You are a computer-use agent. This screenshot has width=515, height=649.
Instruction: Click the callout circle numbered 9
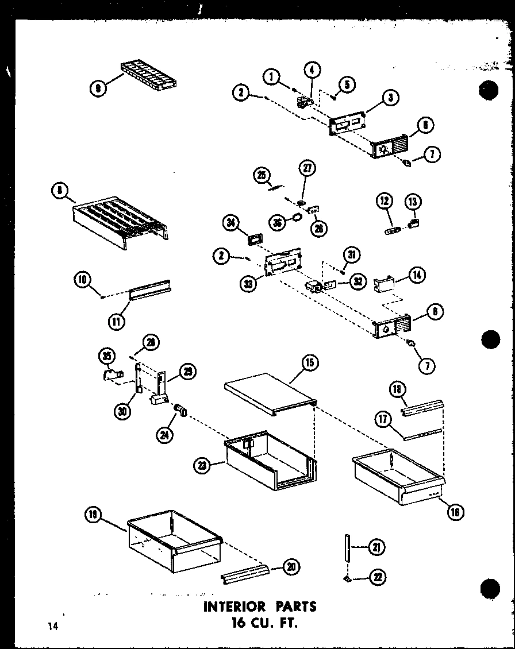click(98, 89)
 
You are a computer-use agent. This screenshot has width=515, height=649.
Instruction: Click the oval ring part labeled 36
click(296, 218)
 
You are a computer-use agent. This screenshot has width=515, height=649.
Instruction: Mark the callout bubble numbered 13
click(413, 201)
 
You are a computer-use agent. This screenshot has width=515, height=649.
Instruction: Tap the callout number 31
click(351, 254)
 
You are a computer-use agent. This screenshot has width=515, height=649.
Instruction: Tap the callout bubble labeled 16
click(455, 512)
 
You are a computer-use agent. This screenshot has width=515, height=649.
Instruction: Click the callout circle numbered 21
click(376, 548)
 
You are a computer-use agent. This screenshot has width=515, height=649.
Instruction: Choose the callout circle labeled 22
click(378, 577)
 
